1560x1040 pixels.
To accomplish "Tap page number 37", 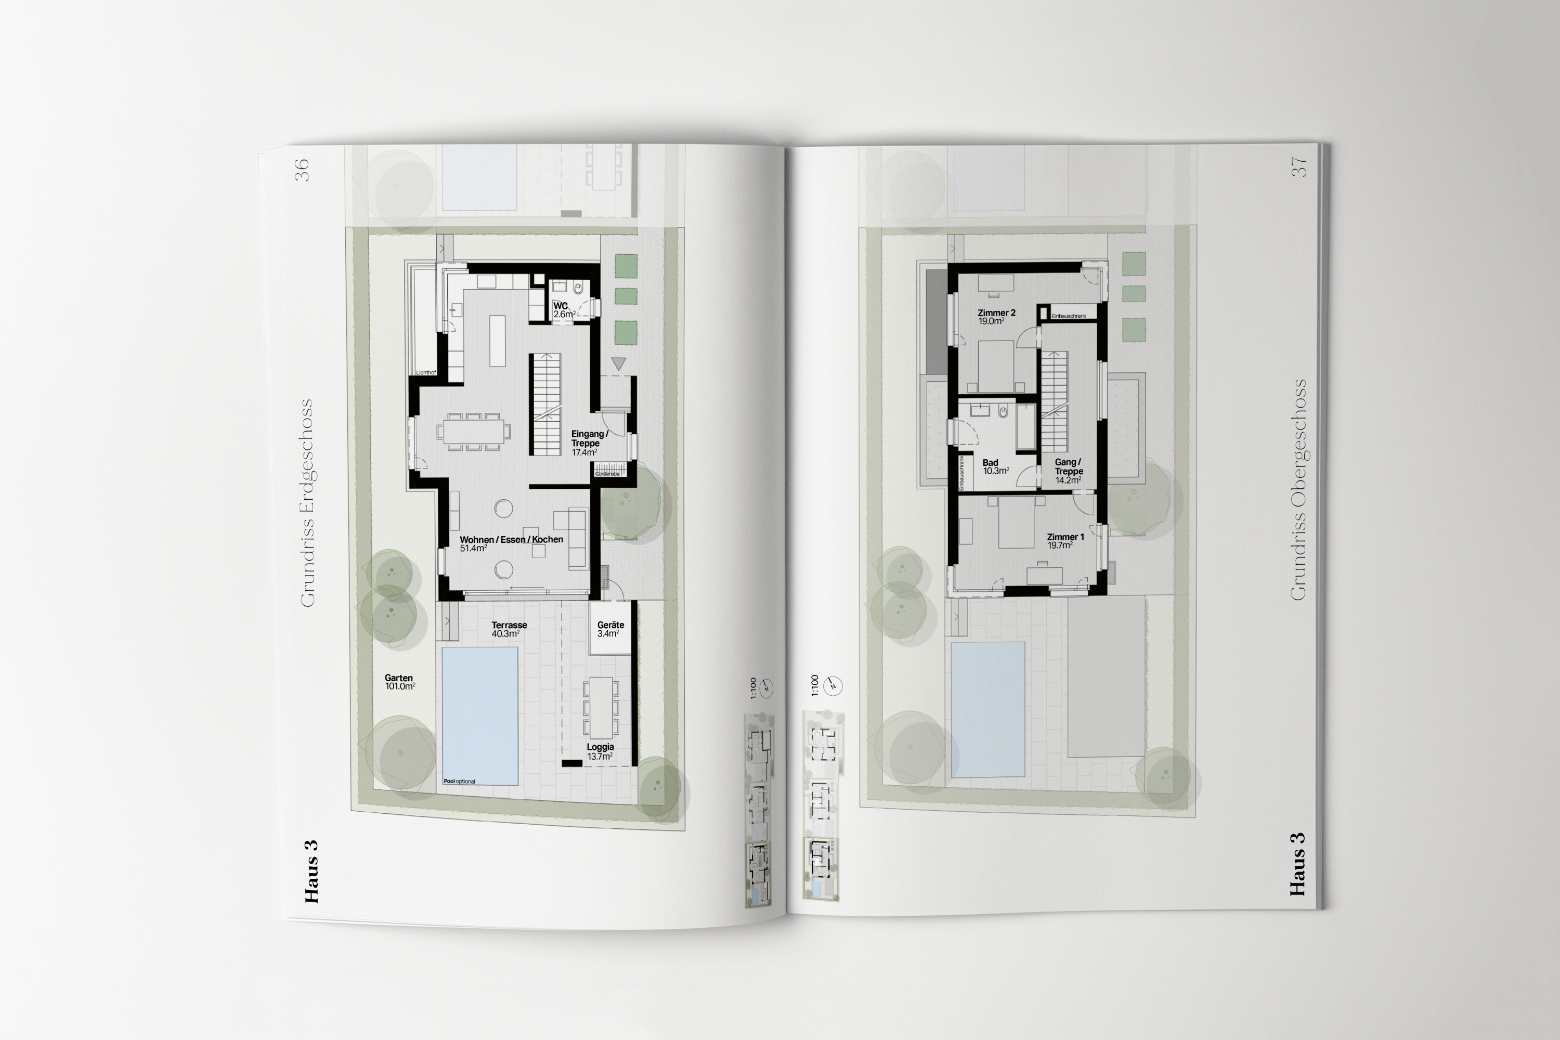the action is [x=1298, y=167].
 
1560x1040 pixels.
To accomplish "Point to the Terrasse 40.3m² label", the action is [x=509, y=629].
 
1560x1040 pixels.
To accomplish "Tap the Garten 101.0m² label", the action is [x=399, y=682].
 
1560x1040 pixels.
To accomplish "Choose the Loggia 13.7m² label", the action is [x=600, y=751].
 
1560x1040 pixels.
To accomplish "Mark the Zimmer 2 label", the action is [x=996, y=316].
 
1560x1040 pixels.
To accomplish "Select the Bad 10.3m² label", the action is [x=994, y=467].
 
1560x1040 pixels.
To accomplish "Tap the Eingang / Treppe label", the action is [x=588, y=443].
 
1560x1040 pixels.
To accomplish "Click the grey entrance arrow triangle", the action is [x=618, y=363].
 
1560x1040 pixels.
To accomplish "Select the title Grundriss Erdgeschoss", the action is [x=306, y=503].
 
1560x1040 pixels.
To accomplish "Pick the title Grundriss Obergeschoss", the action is [x=1298, y=489].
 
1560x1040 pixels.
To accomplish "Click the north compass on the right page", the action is [x=834, y=685].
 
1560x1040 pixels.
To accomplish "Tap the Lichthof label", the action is [x=426, y=373].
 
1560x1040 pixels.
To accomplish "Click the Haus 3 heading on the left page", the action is [x=311, y=871].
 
